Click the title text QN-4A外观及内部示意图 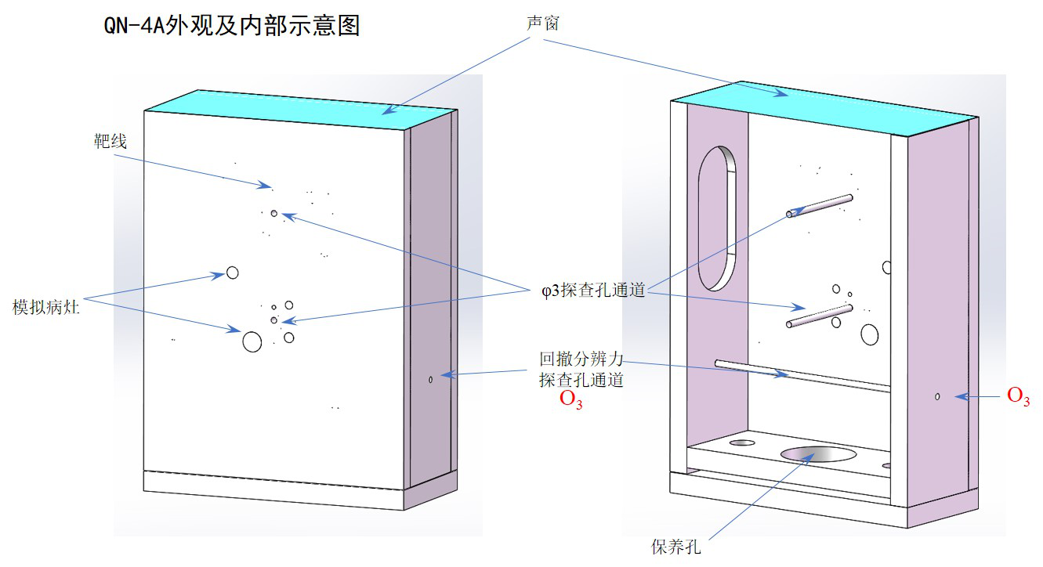(232, 26)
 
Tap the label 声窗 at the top (542, 23)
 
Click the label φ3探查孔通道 (592, 291)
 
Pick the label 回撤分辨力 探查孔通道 (581, 370)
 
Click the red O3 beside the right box (1018, 397)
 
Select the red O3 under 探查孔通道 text (570, 399)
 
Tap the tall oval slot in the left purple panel (717, 218)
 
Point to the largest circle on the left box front (252, 341)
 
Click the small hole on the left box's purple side (431, 380)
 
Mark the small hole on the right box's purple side (937, 397)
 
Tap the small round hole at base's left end (741, 443)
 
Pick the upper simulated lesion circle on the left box (232, 273)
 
